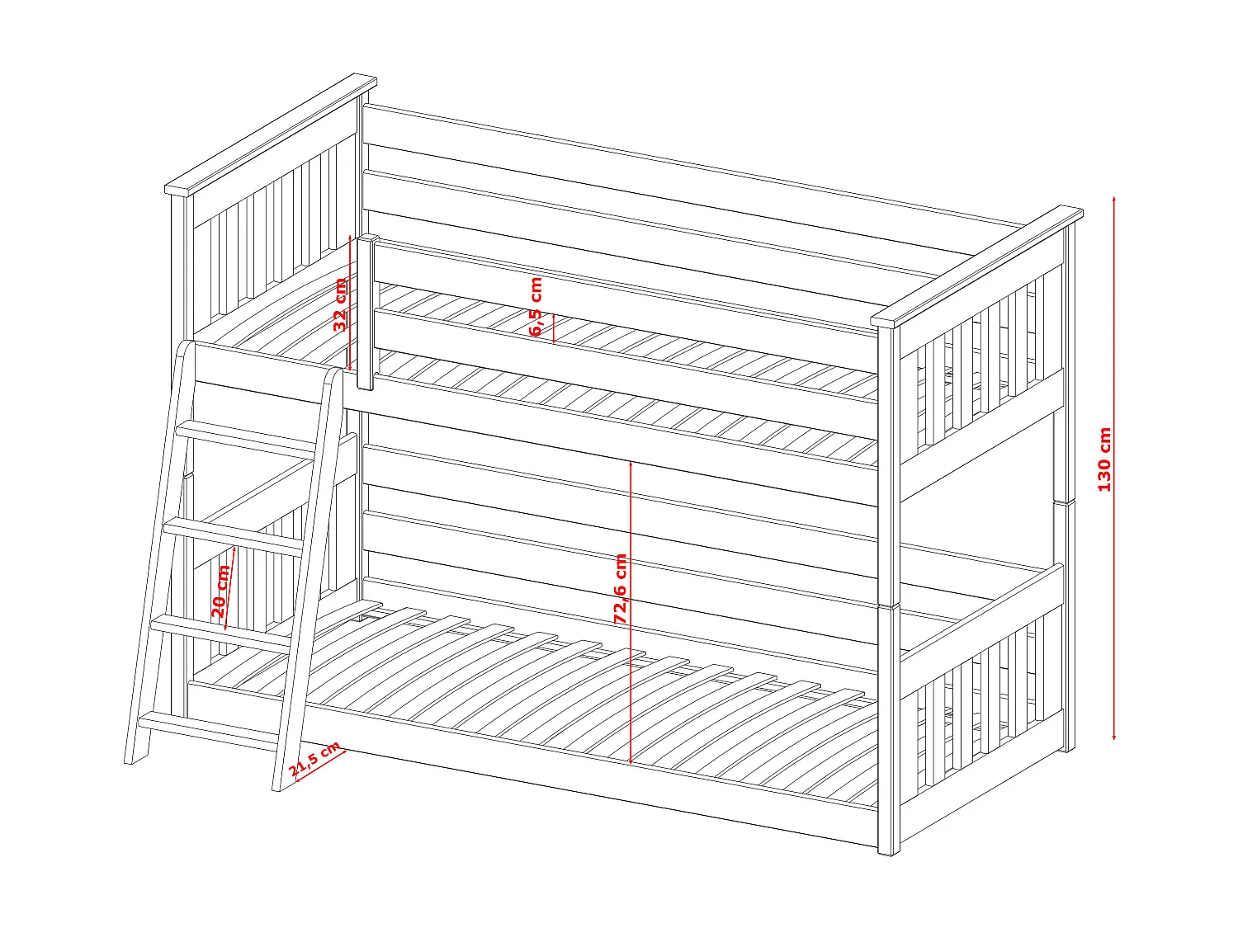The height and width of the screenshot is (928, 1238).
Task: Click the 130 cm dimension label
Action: coord(1103,459)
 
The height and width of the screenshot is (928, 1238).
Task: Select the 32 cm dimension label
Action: coord(340,304)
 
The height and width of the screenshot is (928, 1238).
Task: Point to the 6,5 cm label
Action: coord(536,306)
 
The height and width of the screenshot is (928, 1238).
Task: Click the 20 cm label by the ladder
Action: coord(220,591)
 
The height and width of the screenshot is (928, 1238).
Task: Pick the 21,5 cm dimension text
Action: coord(314,759)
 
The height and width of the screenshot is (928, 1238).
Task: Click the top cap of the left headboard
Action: coord(271,134)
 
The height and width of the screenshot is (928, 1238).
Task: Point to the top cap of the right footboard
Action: coord(977,266)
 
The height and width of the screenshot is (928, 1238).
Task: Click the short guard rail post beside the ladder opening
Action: coord(367,312)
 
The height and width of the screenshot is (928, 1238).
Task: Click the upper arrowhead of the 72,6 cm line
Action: coord(631,464)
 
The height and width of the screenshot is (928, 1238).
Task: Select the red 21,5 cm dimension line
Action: coord(319,765)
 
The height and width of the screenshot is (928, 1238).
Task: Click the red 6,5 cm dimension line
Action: coord(554,328)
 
